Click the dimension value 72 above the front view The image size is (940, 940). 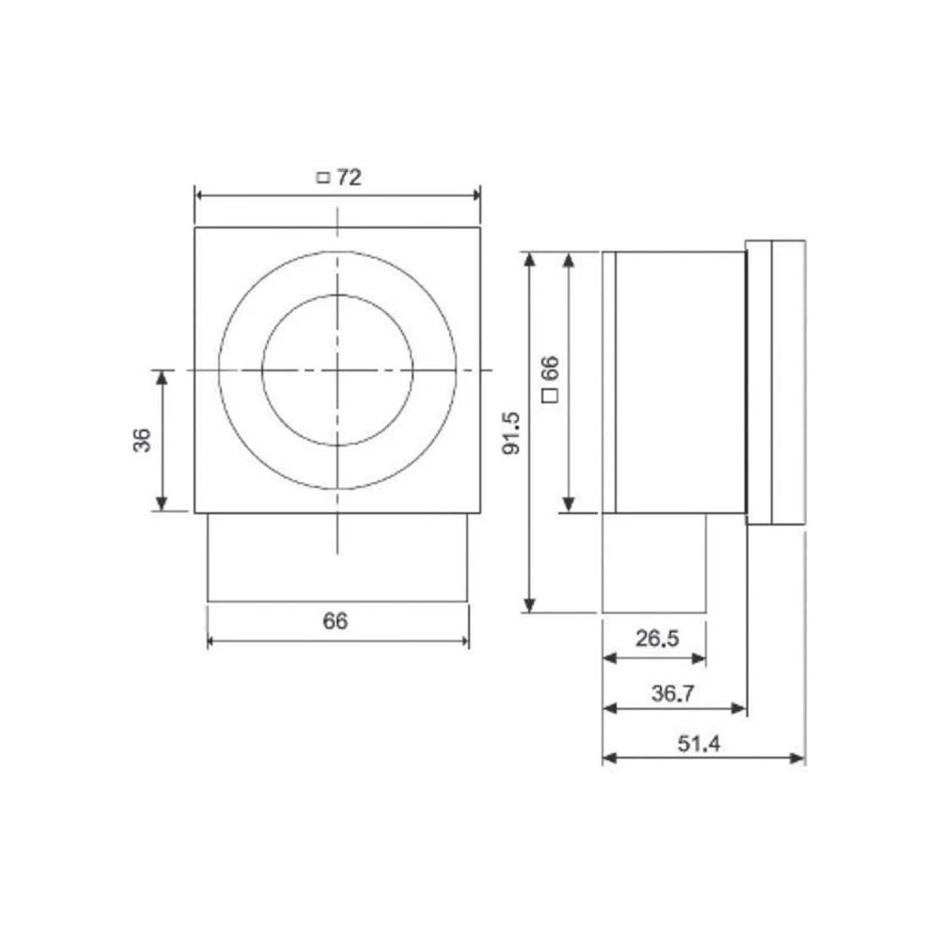tap(349, 178)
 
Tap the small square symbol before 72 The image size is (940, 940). tap(322, 178)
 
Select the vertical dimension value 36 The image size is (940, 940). tap(142, 440)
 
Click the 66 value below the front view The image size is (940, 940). tap(336, 621)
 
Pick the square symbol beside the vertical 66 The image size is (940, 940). tap(551, 397)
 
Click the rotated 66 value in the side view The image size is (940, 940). tap(551, 368)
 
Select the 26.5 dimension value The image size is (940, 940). tap(656, 639)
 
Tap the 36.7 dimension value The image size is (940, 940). tap(673, 694)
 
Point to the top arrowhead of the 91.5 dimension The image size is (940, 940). tap(529, 258)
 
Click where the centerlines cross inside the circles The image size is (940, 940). tap(337, 370)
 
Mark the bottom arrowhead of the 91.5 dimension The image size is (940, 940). tap(529, 606)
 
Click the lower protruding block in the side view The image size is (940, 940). tap(654, 562)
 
